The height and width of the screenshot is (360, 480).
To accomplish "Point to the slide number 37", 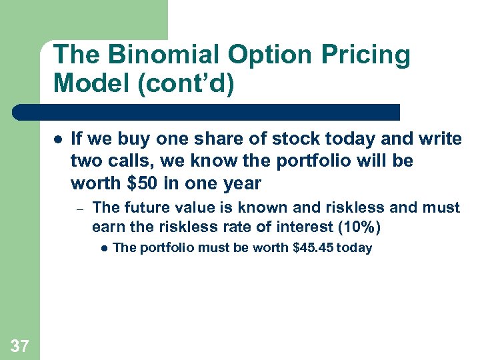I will [20, 345].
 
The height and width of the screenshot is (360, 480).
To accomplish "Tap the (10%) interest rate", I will [360, 227].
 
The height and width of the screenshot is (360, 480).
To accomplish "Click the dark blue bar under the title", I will [207, 112].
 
